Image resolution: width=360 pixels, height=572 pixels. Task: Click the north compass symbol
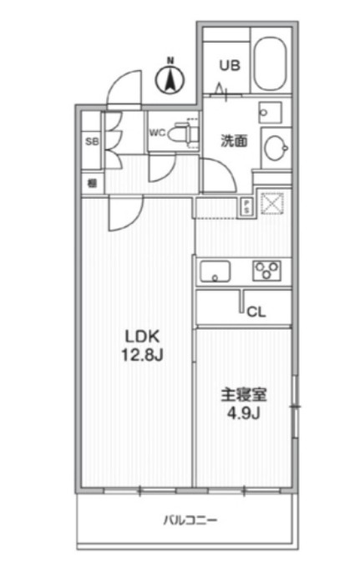coord(170,78)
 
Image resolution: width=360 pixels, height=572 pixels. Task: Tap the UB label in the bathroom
coord(230,63)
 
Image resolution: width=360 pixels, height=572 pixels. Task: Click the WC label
coord(156,131)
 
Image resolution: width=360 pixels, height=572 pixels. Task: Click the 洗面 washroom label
coord(233,140)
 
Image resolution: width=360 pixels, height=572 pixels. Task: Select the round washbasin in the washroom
coord(275,147)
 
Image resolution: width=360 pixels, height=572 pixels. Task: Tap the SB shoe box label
coord(92,141)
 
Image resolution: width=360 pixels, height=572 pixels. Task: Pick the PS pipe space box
coord(246,207)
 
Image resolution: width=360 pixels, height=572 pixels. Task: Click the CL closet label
coord(256,311)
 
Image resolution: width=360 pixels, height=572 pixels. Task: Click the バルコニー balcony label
coord(190,521)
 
